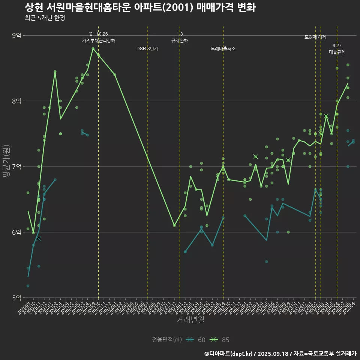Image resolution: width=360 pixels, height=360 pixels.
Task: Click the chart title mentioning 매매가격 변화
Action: point(140,7)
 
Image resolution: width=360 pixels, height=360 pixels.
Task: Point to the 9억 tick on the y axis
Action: point(17,36)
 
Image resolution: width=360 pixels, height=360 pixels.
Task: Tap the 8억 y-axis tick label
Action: point(17,101)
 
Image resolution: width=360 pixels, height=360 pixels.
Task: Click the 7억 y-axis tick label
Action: point(17,166)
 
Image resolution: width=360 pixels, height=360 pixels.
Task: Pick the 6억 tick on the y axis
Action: point(17,232)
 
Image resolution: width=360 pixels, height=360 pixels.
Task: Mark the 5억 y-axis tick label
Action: point(17,298)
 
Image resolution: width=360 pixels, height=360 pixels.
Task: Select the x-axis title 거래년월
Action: point(190,320)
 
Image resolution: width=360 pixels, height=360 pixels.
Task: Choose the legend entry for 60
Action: point(196,340)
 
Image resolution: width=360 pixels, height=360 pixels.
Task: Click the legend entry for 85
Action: point(220,340)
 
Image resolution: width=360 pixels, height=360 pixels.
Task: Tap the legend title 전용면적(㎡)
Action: point(166,340)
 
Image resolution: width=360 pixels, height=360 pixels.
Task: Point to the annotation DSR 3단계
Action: point(147,49)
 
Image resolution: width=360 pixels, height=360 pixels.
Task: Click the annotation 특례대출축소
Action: point(223,49)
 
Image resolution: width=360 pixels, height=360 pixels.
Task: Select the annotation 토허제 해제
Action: point(315,37)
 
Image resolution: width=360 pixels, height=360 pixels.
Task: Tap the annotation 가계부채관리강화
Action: point(99,40)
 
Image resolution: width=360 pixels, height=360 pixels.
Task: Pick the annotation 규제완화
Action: point(180,40)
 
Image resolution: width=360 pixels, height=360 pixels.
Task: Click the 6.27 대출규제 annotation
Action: point(337,49)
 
